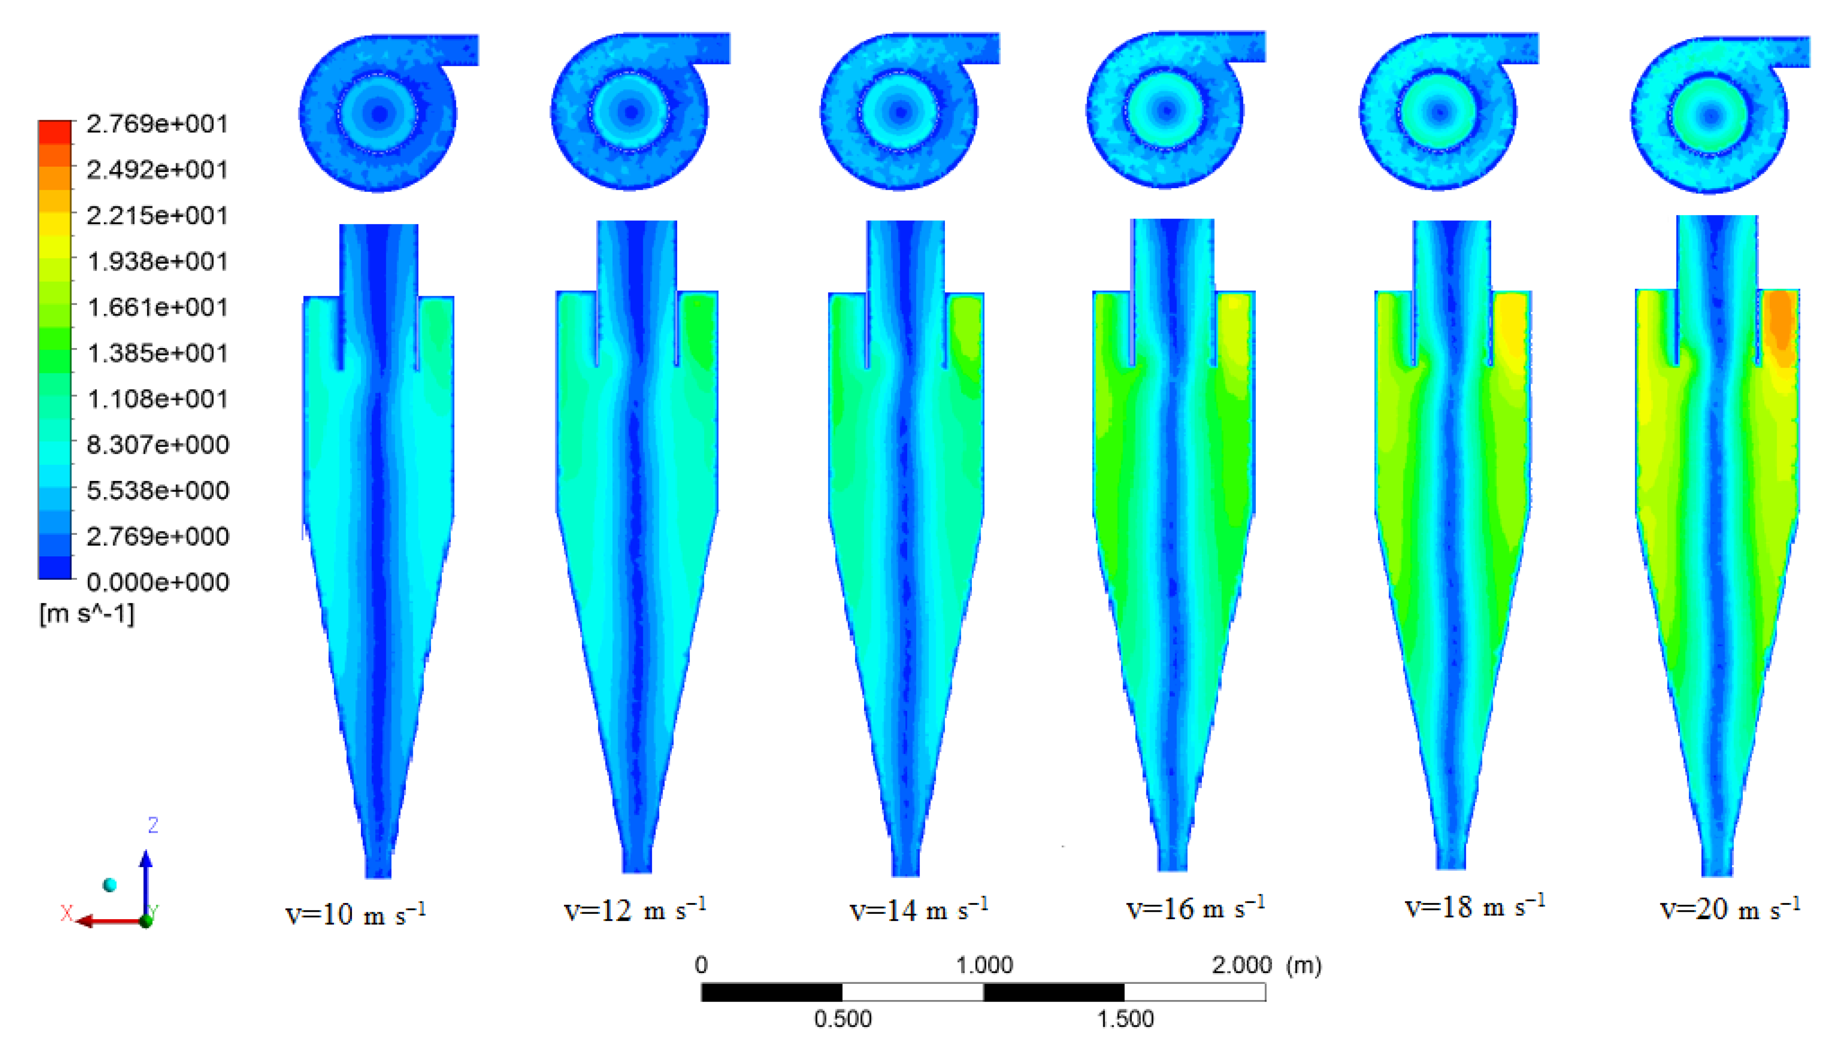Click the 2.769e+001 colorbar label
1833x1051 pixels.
(156, 124)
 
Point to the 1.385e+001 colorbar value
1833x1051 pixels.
(156, 353)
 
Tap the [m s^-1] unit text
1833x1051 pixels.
(87, 614)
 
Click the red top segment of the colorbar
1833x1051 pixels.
(55, 132)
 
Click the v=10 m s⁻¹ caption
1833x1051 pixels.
(355, 914)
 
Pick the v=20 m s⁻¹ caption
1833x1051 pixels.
(1730, 908)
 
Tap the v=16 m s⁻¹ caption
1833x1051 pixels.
(1195, 908)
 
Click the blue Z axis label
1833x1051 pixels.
(153, 825)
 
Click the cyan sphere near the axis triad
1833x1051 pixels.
(110, 885)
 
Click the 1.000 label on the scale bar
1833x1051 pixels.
(984, 965)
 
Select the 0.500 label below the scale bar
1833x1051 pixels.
(842, 1019)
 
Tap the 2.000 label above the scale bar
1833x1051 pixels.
(1242, 965)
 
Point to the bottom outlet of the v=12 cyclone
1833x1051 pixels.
(637, 863)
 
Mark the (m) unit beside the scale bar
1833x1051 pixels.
(1304, 965)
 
